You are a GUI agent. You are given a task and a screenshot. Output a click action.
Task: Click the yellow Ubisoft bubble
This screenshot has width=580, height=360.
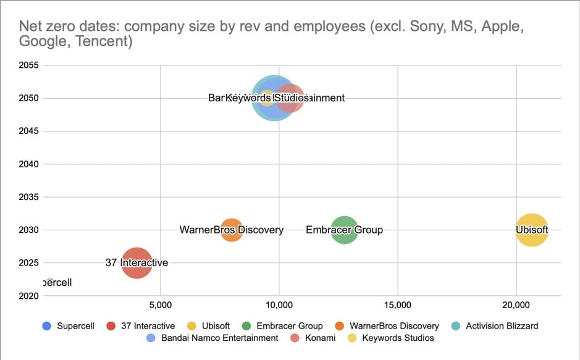(x=532, y=230)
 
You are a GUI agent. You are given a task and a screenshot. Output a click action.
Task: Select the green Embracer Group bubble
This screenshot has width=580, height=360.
(x=345, y=230)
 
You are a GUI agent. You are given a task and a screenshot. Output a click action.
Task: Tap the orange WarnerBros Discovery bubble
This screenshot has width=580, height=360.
(x=232, y=230)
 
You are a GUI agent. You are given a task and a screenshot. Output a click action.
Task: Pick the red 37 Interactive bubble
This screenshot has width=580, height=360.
(x=137, y=263)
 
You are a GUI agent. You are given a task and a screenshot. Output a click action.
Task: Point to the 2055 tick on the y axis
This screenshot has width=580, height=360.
(x=29, y=65)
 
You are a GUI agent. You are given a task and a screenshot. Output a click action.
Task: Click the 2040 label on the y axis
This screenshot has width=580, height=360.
(x=29, y=164)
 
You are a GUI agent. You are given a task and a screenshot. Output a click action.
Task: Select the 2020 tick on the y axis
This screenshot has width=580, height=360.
(x=29, y=296)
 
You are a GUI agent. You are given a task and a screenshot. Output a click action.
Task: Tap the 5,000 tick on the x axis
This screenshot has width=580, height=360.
(x=160, y=305)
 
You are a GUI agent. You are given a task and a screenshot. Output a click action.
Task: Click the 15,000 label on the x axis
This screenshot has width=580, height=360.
(x=398, y=305)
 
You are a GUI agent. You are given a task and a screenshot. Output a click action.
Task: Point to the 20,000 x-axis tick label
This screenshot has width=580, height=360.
(x=516, y=305)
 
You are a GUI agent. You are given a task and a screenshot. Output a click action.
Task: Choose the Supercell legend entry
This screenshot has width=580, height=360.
(x=69, y=325)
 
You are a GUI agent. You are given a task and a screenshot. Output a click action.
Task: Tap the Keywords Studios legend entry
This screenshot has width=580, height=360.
(x=391, y=338)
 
